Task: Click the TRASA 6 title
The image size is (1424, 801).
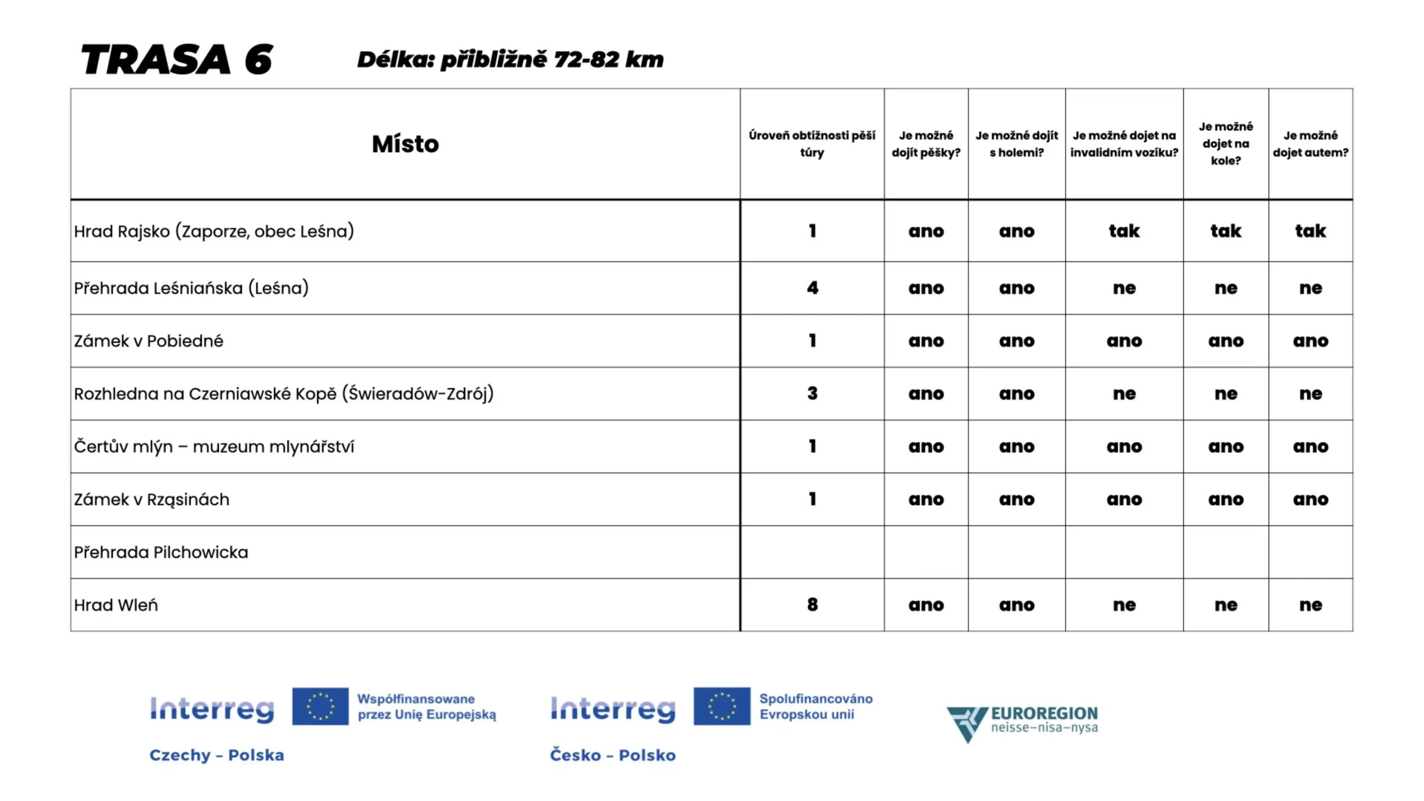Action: pos(177,60)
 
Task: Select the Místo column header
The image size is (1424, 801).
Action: pos(405,144)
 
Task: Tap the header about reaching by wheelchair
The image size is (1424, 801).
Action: pos(1124,144)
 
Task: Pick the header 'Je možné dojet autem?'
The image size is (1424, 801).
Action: pos(1310,144)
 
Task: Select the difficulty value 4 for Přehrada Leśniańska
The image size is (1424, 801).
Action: pos(812,288)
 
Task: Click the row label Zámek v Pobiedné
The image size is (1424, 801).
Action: pos(149,341)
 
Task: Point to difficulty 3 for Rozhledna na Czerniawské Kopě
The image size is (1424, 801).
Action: pos(812,394)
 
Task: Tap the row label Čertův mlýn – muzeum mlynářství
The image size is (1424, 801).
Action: pos(214,447)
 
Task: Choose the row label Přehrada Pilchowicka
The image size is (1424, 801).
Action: pos(161,552)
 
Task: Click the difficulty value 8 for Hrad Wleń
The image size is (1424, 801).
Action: pos(812,605)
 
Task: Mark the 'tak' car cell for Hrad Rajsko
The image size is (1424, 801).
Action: pos(1310,231)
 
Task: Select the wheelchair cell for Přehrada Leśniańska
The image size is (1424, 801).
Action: pos(1124,288)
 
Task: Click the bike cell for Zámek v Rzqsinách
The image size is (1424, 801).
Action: pos(1225,500)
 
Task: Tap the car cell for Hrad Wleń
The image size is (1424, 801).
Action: pos(1310,605)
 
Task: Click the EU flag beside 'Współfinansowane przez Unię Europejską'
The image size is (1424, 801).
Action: pos(320,706)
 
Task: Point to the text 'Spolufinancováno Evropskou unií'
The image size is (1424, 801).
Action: pos(815,706)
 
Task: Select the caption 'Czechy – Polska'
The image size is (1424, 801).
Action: pos(216,755)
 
